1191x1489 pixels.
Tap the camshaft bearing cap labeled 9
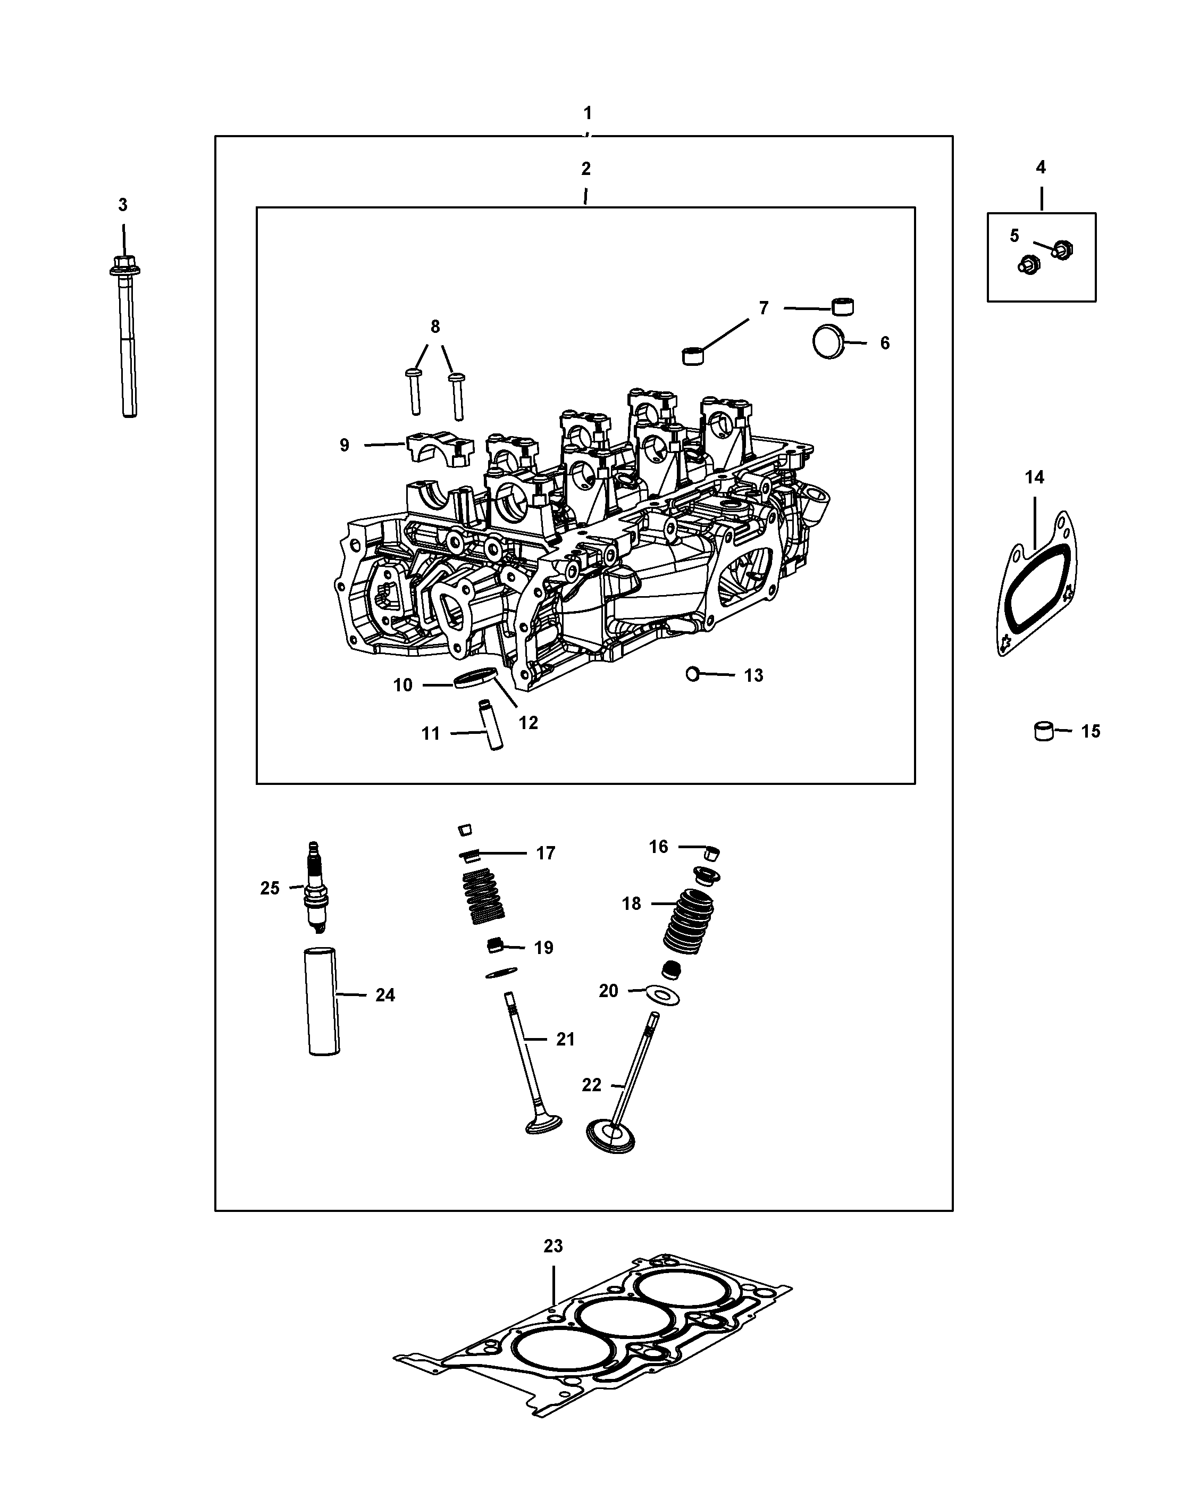tap(440, 448)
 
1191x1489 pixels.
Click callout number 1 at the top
tap(588, 113)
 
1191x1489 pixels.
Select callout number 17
tap(546, 854)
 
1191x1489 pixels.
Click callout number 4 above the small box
tap(1041, 167)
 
